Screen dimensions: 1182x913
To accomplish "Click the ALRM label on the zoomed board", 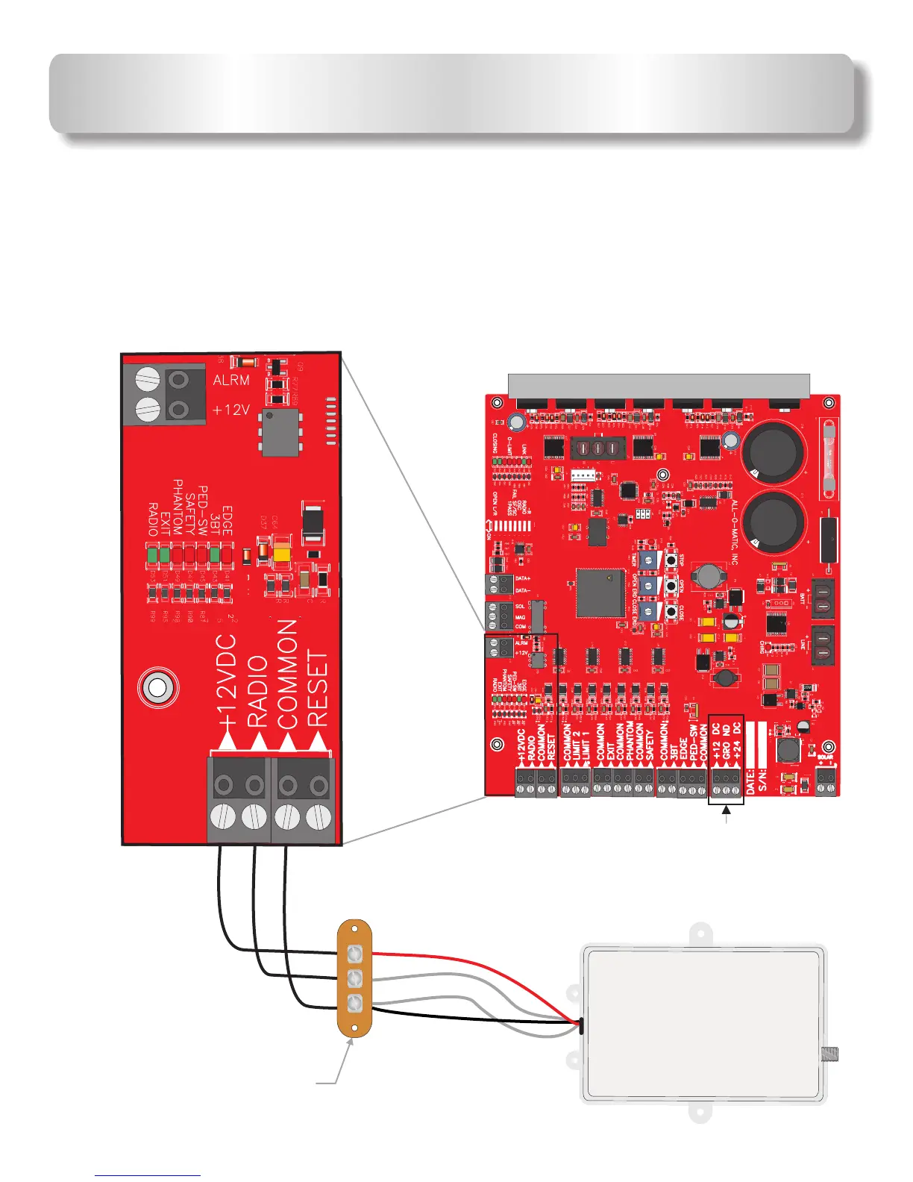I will pos(231,380).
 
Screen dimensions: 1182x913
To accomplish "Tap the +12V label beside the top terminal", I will pos(231,410).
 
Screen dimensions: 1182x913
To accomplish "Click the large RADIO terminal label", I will pos(257,691).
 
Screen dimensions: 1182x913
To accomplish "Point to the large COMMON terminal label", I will pos(288,673).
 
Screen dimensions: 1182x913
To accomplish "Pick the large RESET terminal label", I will pos(318,688).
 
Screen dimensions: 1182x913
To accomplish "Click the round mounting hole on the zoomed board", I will pos(157,687).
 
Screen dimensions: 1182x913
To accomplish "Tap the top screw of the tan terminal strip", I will pos(355,954).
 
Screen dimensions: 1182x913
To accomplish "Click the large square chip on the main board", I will pos(601,593).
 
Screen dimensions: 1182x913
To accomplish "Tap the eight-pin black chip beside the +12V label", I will pos(280,432).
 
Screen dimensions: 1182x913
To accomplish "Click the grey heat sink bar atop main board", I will pos(658,387).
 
